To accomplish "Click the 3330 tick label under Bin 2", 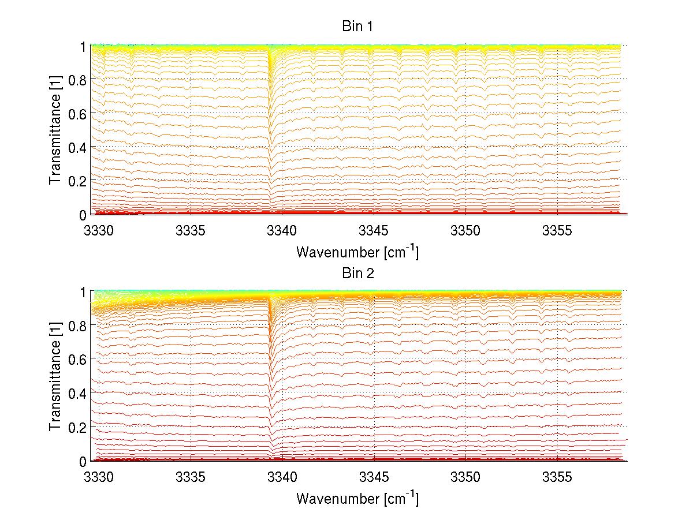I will (99, 478).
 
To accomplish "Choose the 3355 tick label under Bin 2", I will (557, 478).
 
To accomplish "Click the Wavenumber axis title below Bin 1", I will (357, 252).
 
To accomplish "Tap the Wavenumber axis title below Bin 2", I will (357, 498).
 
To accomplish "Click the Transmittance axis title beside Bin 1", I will (55, 130).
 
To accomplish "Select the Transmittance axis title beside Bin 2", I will (55, 376).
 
